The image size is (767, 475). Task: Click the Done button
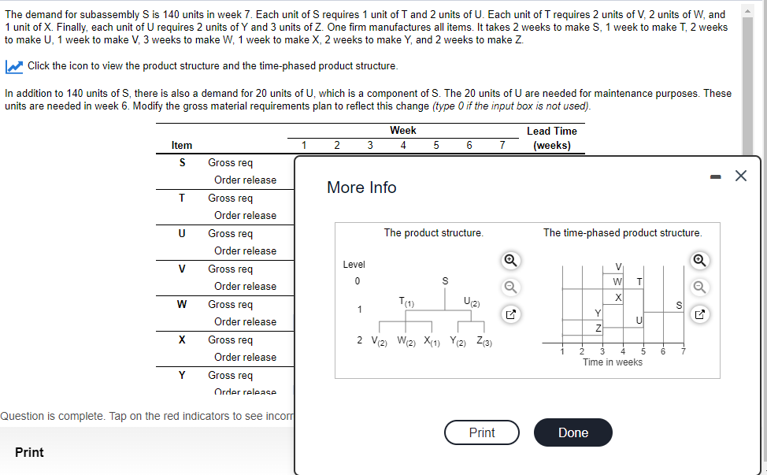[572, 432]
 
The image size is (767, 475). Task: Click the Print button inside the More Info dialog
[481, 432]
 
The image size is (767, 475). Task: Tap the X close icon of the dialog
[740, 176]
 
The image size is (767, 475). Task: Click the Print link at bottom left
[29, 452]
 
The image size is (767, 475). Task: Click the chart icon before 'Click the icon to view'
[14, 65]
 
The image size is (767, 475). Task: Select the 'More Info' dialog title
[361, 187]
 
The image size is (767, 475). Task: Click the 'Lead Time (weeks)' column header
[551, 138]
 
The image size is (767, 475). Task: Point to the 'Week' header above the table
[403, 130]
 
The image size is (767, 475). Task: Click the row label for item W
[182, 304]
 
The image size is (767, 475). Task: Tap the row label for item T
[182, 198]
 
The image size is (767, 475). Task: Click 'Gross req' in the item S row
[230, 162]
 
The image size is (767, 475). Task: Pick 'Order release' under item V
[245, 286]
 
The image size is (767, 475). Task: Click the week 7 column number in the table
[502, 145]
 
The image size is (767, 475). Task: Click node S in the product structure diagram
[445, 280]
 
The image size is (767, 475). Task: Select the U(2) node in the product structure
[472, 302]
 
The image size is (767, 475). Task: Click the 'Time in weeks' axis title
[612, 362]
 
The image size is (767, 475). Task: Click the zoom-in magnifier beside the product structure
[510, 260]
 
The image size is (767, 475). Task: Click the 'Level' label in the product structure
[354, 265]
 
